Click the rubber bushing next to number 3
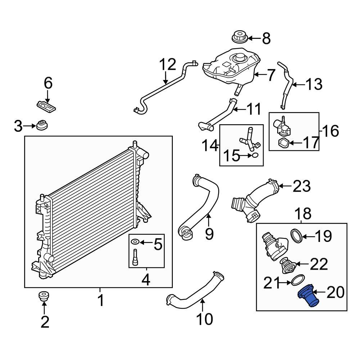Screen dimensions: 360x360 [x=42, y=126]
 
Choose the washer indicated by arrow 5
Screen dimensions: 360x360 [x=135, y=242]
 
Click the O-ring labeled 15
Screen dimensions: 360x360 [x=254, y=156]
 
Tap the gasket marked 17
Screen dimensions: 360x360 [x=284, y=143]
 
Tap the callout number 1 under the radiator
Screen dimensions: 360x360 [x=100, y=300]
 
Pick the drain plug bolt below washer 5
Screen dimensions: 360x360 [x=135, y=256]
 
